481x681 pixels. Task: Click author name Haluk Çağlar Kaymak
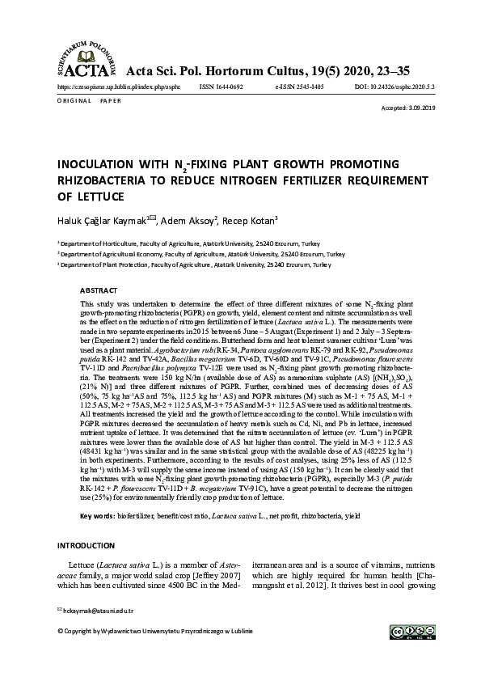105,220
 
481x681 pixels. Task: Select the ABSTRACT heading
101,289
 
